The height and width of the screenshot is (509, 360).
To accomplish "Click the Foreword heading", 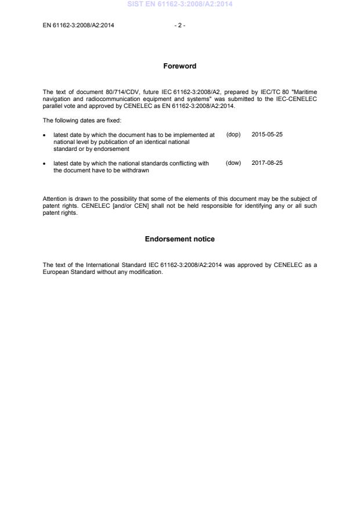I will pyautogui.click(x=179, y=66).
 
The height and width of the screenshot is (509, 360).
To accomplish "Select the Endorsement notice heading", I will pyautogui.click(x=179, y=239).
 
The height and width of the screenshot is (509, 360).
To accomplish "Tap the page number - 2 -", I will pyautogui.click(x=179, y=25).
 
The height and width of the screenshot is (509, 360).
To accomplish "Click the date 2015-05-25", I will pyautogui.click(x=267, y=134).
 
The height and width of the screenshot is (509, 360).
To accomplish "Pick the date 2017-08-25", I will pyautogui.click(x=267, y=163).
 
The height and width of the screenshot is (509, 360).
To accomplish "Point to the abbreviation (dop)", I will pyautogui.click(x=233, y=134).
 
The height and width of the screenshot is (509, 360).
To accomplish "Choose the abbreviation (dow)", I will pyautogui.click(x=233, y=163).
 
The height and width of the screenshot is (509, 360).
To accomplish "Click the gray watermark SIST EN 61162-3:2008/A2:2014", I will pyautogui.click(x=179, y=5).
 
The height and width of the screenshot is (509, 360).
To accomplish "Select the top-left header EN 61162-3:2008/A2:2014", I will pyautogui.click(x=78, y=25).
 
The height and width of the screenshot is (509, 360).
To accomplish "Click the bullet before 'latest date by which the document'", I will pyautogui.click(x=45, y=135).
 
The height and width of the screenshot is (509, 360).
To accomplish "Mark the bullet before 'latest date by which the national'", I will pyautogui.click(x=45, y=164).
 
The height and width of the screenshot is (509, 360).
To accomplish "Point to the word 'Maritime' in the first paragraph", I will pyautogui.click(x=305, y=92).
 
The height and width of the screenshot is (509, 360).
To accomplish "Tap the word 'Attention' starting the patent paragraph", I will pyautogui.click(x=55, y=200).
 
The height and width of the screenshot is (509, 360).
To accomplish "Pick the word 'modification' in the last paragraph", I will pyautogui.click(x=146, y=272).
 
